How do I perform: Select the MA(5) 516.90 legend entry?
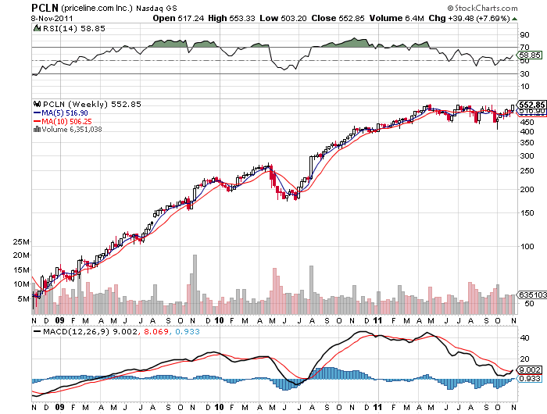(x=63, y=112)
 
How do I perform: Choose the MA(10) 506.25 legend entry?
(x=66, y=121)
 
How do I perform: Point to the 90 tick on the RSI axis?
(x=524, y=36)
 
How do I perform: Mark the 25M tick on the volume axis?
(x=21, y=253)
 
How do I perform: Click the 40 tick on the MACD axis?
(x=524, y=338)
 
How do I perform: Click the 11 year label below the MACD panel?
(x=377, y=408)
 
